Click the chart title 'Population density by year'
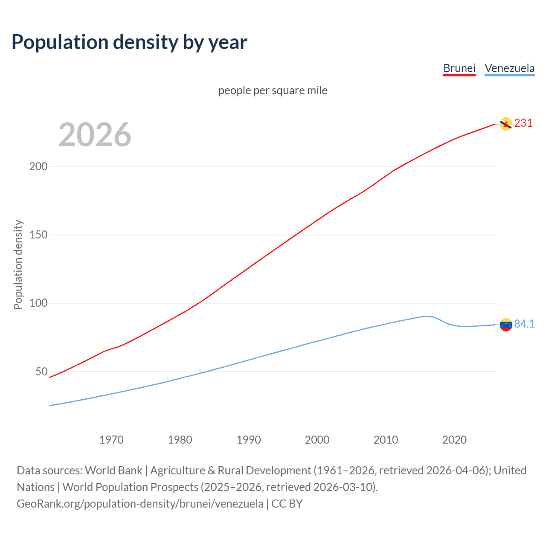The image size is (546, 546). pyautogui.click(x=129, y=42)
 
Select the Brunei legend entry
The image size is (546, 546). pyautogui.click(x=459, y=68)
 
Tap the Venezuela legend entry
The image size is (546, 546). pyautogui.click(x=509, y=68)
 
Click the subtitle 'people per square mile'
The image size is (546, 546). pyautogui.click(x=273, y=90)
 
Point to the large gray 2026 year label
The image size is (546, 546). pyautogui.click(x=95, y=135)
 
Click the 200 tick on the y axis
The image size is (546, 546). pyautogui.click(x=38, y=166)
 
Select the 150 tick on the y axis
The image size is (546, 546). pyautogui.click(x=38, y=235)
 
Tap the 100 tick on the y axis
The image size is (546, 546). pyautogui.click(x=38, y=303)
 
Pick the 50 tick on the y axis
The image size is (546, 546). pyautogui.click(x=41, y=372)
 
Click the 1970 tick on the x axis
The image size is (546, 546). pyautogui.click(x=111, y=440)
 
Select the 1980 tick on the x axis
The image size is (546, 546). pyautogui.click(x=180, y=440)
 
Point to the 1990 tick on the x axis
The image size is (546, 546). pyautogui.click(x=249, y=440)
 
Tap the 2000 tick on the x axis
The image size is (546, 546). pyautogui.click(x=317, y=440)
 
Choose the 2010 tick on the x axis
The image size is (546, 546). pyautogui.click(x=386, y=440)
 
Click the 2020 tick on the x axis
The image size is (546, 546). pyautogui.click(x=454, y=440)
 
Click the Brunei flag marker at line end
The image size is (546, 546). pyautogui.click(x=506, y=124)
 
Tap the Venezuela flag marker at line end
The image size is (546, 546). pyautogui.click(x=506, y=325)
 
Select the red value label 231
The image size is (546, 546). pyautogui.click(x=523, y=123)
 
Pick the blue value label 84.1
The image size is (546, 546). pyautogui.click(x=524, y=324)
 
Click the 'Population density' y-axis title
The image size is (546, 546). pyautogui.click(x=18, y=264)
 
